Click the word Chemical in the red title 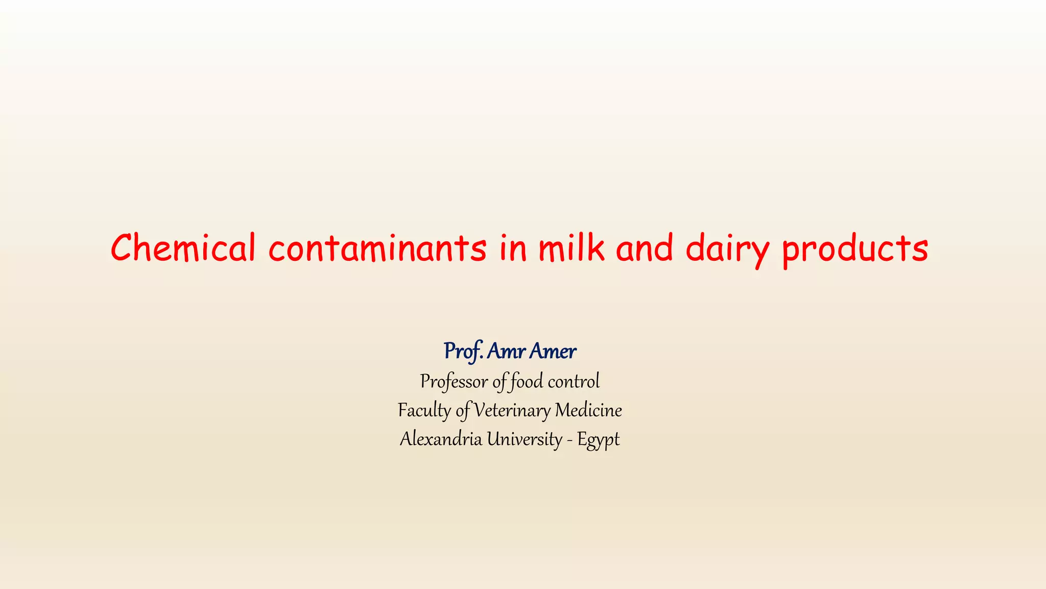pyautogui.click(x=183, y=248)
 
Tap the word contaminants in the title pyautogui.click(x=377, y=248)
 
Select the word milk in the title pyautogui.click(x=572, y=248)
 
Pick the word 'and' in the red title pyautogui.click(x=645, y=248)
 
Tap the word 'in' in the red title pyautogui.click(x=512, y=248)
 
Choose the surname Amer pyautogui.click(x=553, y=351)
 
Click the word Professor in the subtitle pyautogui.click(x=454, y=381)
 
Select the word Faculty pyautogui.click(x=424, y=411)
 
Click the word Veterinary pyautogui.click(x=512, y=411)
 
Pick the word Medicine pyautogui.click(x=588, y=411)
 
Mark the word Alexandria pyautogui.click(x=441, y=439)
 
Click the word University pyautogui.click(x=524, y=439)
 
